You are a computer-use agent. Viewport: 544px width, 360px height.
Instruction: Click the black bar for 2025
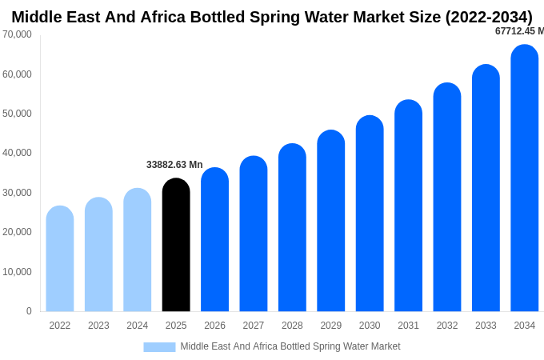point(176,245)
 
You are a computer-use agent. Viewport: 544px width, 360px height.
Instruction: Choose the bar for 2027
point(254,234)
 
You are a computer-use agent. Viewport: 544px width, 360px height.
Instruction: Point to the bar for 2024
point(138,250)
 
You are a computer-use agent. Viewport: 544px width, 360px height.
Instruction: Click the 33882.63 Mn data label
point(174,165)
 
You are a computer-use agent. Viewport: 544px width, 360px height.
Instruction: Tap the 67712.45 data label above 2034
point(519,31)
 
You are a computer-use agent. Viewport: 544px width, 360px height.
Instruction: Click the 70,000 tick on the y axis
point(17,34)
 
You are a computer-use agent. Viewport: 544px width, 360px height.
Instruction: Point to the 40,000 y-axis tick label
point(17,153)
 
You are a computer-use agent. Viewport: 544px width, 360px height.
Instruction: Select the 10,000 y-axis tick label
point(17,272)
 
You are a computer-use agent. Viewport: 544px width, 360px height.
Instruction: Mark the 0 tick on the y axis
point(29,311)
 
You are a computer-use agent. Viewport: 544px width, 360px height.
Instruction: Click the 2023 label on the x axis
point(98,326)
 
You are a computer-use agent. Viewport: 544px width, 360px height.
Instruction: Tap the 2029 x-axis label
point(331,326)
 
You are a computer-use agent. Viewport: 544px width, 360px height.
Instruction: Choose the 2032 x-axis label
point(447,326)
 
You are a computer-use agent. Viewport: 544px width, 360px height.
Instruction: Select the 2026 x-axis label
point(214,326)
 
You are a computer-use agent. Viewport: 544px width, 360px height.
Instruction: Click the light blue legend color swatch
point(159,347)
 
